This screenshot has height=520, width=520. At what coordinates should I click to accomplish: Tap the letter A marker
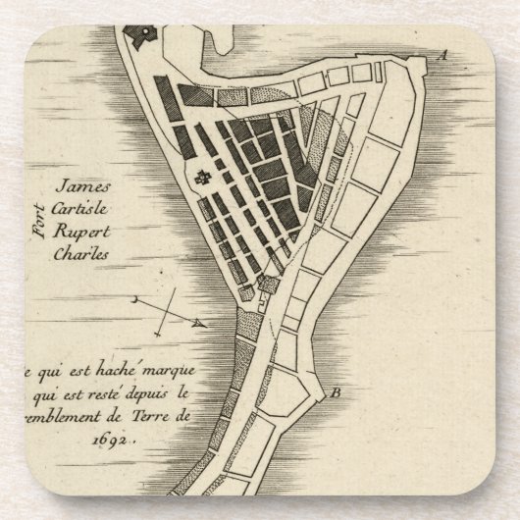tap(442, 56)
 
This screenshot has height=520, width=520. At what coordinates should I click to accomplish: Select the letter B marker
tap(337, 394)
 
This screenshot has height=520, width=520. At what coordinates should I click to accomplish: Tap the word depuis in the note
tap(153, 394)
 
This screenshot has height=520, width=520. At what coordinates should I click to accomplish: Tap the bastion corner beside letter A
tap(424, 65)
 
